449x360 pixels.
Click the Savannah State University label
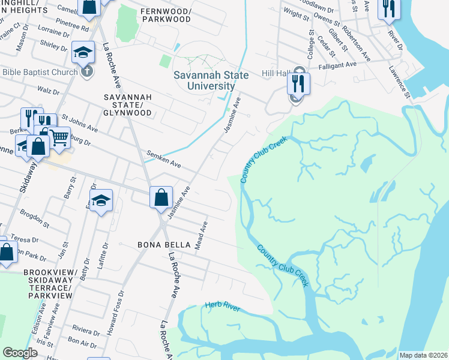(x=203, y=81)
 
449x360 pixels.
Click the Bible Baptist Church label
(x=40, y=73)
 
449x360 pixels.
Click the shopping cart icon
(x=59, y=137)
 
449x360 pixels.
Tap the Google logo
(x=20, y=353)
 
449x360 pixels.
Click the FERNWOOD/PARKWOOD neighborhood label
(x=165, y=15)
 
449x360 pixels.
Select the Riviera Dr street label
(x=85, y=331)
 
